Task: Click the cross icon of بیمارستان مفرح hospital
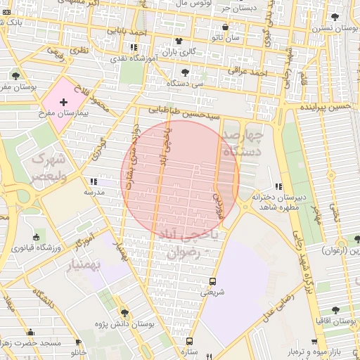(x=64, y=102)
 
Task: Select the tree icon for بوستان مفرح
(x=15, y=76)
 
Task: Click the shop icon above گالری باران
(x=179, y=41)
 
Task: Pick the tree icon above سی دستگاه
(x=185, y=72)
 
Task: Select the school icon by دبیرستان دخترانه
(x=278, y=186)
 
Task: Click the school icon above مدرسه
(x=94, y=181)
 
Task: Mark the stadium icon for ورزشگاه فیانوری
(x=36, y=236)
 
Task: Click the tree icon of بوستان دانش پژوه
(x=124, y=312)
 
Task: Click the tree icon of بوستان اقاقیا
(x=335, y=310)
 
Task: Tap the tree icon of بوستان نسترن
(x=335, y=15)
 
